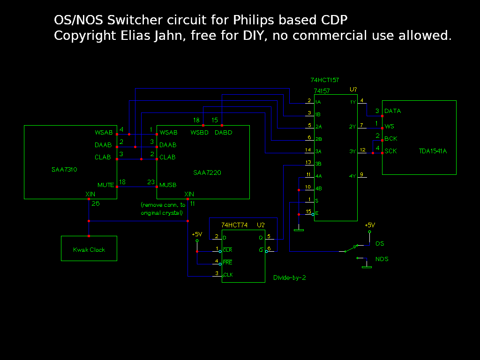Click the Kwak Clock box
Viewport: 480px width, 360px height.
click(89, 249)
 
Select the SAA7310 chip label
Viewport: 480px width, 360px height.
click(64, 169)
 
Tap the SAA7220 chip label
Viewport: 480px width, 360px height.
click(207, 172)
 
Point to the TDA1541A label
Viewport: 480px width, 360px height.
click(433, 151)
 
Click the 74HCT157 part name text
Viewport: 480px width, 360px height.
click(324, 80)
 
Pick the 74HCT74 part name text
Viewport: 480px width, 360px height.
click(234, 225)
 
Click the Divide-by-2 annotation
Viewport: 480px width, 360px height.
click(290, 277)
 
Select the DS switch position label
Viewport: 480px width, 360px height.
click(380, 244)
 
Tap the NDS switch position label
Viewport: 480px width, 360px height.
click(382, 259)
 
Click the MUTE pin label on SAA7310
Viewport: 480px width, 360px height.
click(105, 185)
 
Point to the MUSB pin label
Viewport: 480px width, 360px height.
click(168, 185)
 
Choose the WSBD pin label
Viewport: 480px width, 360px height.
click(199, 133)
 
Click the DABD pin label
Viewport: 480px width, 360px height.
click(223, 133)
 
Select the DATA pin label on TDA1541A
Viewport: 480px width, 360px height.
click(392, 111)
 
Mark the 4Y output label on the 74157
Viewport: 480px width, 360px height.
click(352, 176)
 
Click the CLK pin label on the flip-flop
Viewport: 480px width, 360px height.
click(228, 275)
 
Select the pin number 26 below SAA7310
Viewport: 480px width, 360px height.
click(96, 203)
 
